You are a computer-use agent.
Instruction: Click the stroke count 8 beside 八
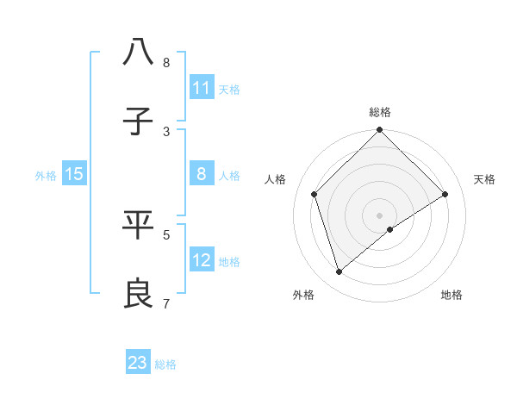pyautogui.click(x=166, y=62)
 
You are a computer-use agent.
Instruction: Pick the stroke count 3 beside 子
pyautogui.click(x=166, y=131)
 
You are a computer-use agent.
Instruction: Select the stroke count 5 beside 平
pyautogui.click(x=166, y=234)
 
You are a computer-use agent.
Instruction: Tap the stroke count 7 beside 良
pyautogui.click(x=166, y=302)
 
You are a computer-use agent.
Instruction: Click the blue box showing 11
pyautogui.click(x=202, y=88)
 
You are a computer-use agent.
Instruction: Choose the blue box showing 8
pyautogui.click(x=202, y=174)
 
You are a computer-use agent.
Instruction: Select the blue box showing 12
pyautogui.click(x=202, y=260)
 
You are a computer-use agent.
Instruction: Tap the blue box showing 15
pyautogui.click(x=74, y=174)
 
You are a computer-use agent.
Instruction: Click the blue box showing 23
pyautogui.click(x=138, y=363)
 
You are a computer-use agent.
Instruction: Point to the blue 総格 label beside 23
pyautogui.click(x=165, y=364)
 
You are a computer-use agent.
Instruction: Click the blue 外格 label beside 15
pyautogui.click(x=46, y=175)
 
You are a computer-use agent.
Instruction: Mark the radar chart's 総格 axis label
pyautogui.click(x=380, y=112)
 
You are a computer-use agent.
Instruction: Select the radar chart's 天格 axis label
pyautogui.click(x=484, y=179)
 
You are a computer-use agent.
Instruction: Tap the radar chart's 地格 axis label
pyautogui.click(x=452, y=295)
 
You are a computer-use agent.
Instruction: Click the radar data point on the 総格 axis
pyautogui.click(x=380, y=131)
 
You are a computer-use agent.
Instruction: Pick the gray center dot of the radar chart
pyautogui.click(x=380, y=215)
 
